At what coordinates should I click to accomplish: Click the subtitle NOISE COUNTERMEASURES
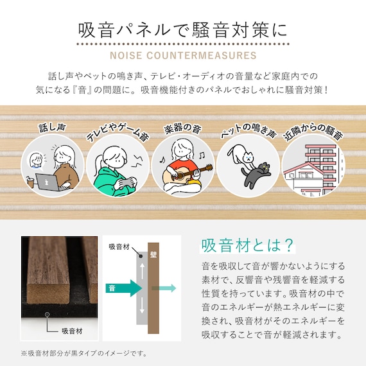click(x=183, y=55)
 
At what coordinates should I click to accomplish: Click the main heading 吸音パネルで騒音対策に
click(x=183, y=30)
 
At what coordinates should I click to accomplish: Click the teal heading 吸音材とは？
click(x=248, y=245)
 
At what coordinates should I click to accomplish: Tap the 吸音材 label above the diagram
click(x=119, y=247)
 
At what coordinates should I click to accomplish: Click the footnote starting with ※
click(x=83, y=353)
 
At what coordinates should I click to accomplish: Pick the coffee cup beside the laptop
click(x=30, y=182)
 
